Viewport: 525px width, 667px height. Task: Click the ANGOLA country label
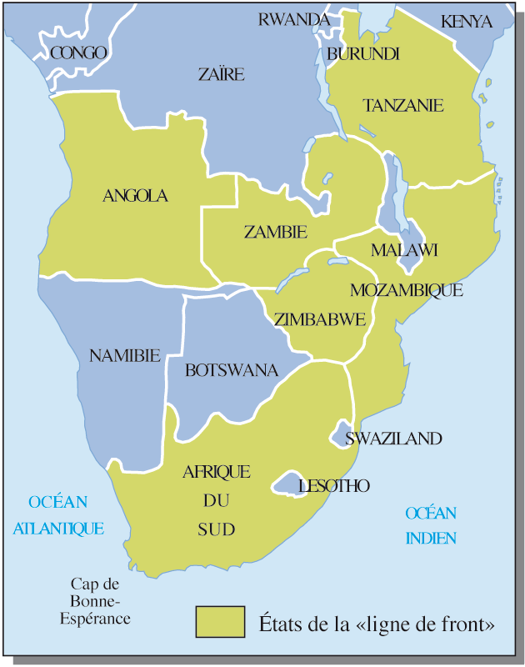135,196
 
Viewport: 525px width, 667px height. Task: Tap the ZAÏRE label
222,75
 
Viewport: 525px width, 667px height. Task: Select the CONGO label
78,53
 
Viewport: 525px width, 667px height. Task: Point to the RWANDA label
294,19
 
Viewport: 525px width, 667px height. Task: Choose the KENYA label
466,22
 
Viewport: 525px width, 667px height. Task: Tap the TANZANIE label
403,106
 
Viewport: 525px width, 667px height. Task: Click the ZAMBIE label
276,232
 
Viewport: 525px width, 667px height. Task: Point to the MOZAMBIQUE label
406,290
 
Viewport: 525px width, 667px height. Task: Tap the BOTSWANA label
231,370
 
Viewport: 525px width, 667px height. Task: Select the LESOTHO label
333,485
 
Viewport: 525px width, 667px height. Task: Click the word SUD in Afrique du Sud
216,529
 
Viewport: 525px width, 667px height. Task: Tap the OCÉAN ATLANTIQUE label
57,514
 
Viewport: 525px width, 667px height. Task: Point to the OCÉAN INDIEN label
431,525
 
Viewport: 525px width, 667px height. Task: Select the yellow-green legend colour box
220,622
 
